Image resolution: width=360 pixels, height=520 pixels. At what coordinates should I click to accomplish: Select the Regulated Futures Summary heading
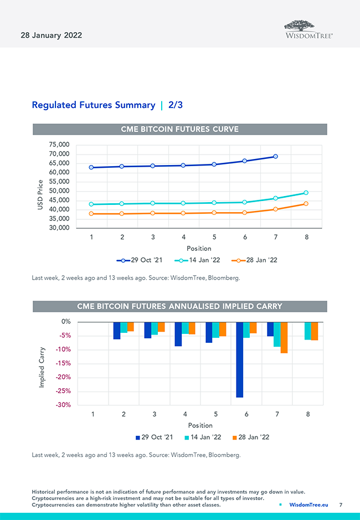click(x=94, y=105)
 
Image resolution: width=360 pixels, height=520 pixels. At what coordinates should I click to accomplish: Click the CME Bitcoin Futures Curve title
click(x=180, y=129)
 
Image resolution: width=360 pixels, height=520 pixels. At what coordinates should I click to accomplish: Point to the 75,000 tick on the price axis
click(x=59, y=145)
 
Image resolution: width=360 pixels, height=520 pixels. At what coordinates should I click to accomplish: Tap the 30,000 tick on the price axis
click(x=59, y=228)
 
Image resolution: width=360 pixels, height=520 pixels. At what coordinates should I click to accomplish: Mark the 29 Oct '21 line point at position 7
click(x=275, y=157)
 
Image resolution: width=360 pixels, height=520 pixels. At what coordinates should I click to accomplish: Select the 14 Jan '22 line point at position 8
click(x=306, y=193)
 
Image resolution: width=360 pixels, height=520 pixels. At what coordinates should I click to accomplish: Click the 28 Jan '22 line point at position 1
click(x=91, y=214)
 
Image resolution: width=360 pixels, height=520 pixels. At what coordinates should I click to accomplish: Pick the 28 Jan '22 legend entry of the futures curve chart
click(x=253, y=260)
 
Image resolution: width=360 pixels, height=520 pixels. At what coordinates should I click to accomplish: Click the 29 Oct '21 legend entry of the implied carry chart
click(x=154, y=437)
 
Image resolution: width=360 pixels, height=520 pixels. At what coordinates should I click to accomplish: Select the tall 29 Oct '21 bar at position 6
click(x=240, y=359)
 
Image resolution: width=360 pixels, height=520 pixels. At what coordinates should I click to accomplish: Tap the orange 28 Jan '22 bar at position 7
click(x=284, y=337)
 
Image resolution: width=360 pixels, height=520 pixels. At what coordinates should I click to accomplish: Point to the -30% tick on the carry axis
click(x=63, y=405)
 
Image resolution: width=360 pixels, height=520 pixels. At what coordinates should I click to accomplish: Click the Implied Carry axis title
click(x=42, y=367)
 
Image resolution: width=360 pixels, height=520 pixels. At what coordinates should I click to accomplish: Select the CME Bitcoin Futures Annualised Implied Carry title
click(x=180, y=306)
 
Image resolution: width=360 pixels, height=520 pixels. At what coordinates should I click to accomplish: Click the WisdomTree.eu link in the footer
click(x=308, y=505)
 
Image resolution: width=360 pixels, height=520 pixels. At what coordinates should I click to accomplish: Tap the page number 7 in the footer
click(x=341, y=505)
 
